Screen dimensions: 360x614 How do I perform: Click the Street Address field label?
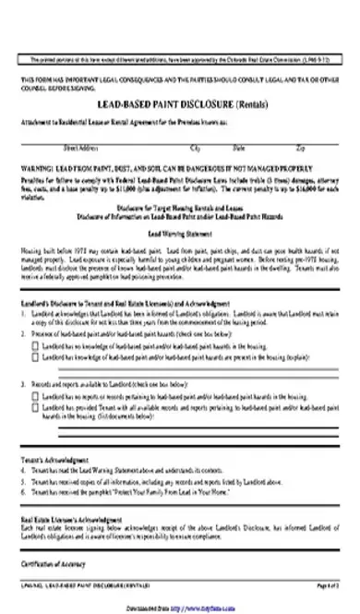[x=81, y=146]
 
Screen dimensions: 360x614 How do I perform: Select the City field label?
[x=195, y=146]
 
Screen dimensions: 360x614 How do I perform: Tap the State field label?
[x=239, y=146]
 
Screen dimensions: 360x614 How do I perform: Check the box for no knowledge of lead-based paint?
[x=36, y=343]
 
